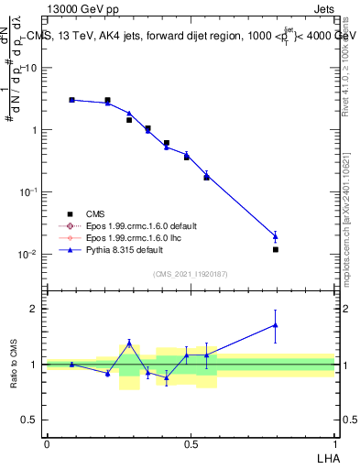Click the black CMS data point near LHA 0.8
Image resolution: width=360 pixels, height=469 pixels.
tap(276, 249)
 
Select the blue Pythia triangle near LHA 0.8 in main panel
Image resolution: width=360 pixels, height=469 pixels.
tap(276, 236)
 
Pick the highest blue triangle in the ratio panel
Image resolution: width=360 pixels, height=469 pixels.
tap(276, 324)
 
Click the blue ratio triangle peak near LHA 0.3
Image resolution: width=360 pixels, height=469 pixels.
tap(129, 343)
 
